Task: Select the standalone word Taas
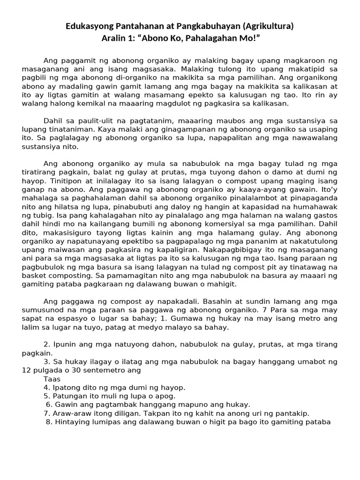(52, 379)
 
